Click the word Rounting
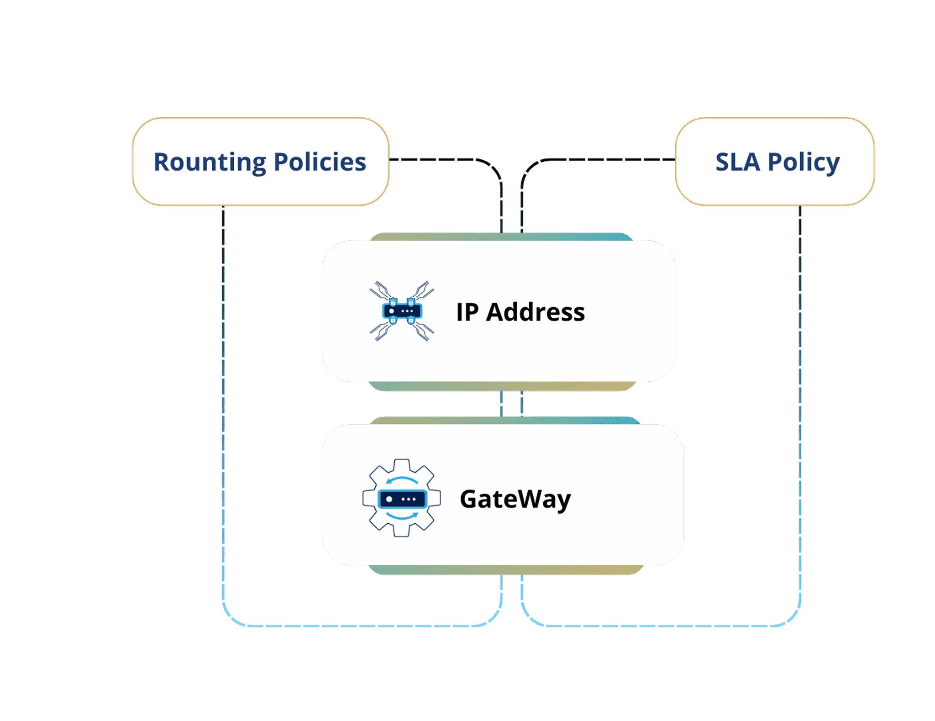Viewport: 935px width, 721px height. [210, 162]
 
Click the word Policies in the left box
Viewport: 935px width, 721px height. [320, 162]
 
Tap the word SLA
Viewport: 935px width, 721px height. [737, 162]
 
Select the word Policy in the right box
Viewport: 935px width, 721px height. [804, 162]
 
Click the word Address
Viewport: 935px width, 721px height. [535, 312]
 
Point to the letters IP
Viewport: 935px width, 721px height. [467, 312]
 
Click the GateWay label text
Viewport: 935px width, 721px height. [515, 499]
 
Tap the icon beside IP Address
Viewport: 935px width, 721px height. [402, 311]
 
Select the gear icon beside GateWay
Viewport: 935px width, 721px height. [402, 498]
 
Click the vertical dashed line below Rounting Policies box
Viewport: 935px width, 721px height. [223, 365]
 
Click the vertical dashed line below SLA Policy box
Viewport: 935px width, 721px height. [800, 365]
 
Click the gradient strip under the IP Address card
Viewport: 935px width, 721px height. [502, 386]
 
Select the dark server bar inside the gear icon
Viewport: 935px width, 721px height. [402, 499]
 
